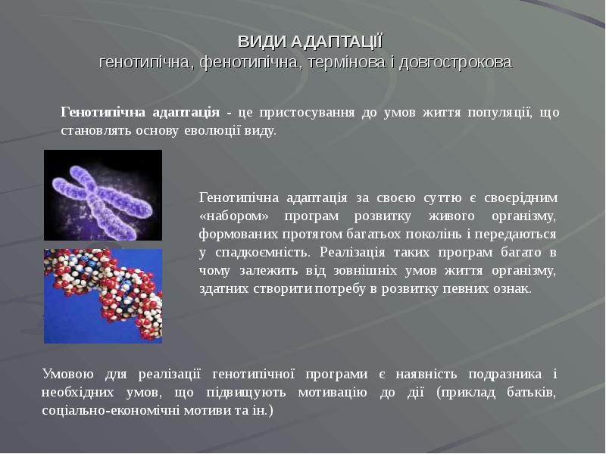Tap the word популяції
(x=497, y=113)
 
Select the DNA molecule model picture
(x=103, y=296)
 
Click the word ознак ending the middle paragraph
(x=515, y=289)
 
